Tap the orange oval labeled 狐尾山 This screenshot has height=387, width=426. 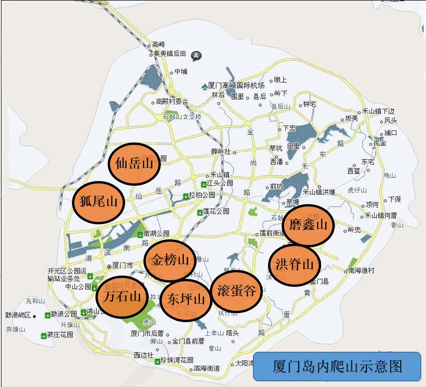point(98,202)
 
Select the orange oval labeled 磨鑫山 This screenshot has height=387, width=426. point(308,225)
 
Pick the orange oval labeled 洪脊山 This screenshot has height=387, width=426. point(294,264)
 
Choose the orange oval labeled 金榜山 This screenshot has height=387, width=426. point(170,260)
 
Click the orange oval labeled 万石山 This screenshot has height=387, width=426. point(122,297)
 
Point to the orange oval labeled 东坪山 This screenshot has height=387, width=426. point(186,299)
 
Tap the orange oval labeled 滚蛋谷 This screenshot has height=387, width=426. point(237,291)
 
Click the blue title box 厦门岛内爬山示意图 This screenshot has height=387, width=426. point(337,366)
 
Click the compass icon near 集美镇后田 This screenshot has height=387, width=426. point(197,55)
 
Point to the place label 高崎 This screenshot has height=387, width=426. point(159,45)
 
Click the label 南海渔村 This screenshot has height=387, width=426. point(361,270)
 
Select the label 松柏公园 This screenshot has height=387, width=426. point(202,195)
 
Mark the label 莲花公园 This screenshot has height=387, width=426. point(216,212)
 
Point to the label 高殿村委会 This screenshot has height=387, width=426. point(172,102)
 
